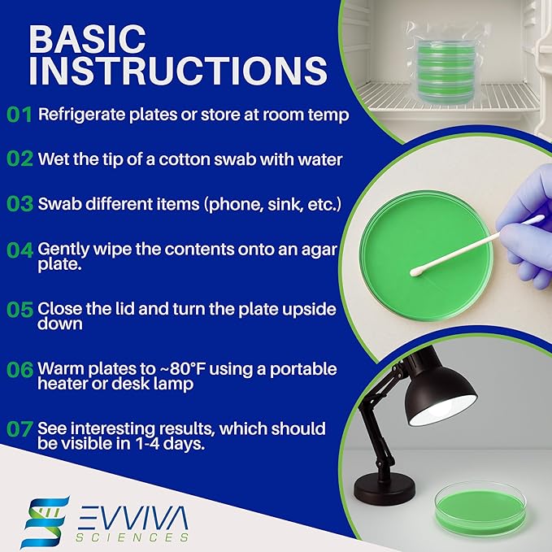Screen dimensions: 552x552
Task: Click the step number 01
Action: tap(20, 115)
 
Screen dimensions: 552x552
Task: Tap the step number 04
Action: tap(20, 250)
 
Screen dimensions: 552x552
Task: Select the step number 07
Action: tap(20, 428)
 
